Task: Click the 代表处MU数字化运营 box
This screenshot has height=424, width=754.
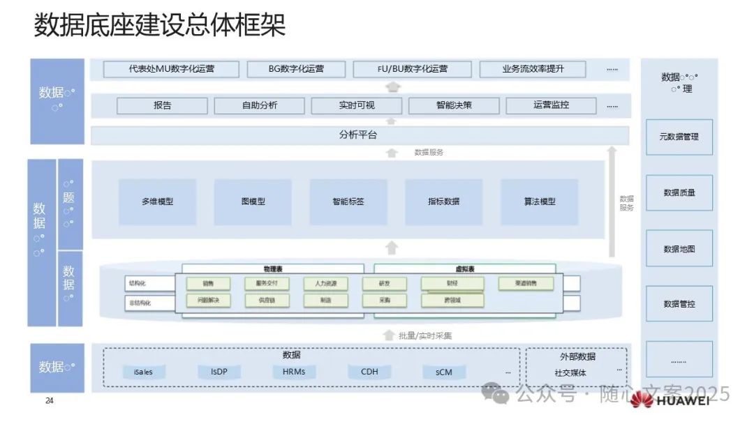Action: pos(171,69)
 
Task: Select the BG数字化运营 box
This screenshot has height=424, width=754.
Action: pos(296,69)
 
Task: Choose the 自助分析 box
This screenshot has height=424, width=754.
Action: pos(260,105)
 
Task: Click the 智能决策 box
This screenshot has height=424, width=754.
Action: pos(454,105)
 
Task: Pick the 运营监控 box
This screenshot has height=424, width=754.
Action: pos(551,105)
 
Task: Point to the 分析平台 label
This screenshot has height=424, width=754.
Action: pos(358,135)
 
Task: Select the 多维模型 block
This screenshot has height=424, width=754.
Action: pos(157,202)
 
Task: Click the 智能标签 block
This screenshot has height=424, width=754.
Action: pos(348,202)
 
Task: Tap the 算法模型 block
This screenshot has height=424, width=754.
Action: pos(540,202)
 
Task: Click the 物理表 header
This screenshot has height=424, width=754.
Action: pos(273,268)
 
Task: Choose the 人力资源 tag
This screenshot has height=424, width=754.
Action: pos(325,284)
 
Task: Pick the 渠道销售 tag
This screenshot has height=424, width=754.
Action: pos(526,284)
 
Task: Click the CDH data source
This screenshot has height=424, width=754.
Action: pos(369,372)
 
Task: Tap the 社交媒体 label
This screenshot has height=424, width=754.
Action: pos(570,372)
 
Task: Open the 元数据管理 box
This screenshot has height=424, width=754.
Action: pos(679,137)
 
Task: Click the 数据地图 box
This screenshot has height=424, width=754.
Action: pos(679,249)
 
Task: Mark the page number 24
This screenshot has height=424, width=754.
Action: pos(49,400)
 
